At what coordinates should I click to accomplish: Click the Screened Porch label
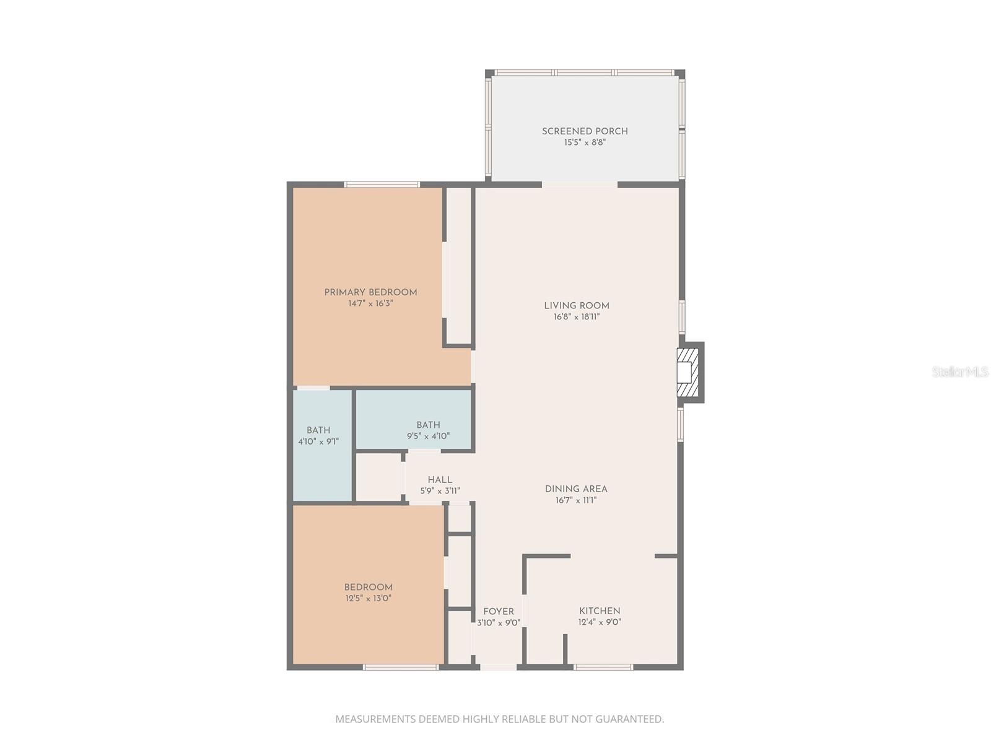tap(585, 131)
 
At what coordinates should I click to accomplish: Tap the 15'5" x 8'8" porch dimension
tap(585, 142)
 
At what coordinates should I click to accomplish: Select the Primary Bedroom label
tap(370, 292)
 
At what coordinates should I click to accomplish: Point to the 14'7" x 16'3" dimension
tap(370, 303)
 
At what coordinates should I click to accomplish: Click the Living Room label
tap(577, 305)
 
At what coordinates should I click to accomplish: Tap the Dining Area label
tap(576, 489)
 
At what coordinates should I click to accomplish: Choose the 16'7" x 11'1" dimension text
tap(576, 500)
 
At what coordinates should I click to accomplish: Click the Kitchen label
tap(600, 610)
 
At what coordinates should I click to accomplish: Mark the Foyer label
tap(499, 611)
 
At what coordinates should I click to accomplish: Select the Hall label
tap(440, 479)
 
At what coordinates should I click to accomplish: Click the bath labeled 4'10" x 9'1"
tap(318, 435)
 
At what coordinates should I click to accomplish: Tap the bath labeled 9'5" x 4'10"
tap(428, 430)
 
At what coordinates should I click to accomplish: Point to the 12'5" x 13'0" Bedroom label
tap(369, 593)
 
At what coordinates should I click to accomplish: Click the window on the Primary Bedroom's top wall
tap(382, 184)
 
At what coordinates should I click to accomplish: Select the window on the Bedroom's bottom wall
tap(401, 667)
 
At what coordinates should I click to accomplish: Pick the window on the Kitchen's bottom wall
tap(603, 667)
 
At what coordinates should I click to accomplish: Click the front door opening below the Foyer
tap(499, 667)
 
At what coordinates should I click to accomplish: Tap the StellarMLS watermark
tap(960, 371)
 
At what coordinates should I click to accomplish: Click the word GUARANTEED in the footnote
tap(629, 719)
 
